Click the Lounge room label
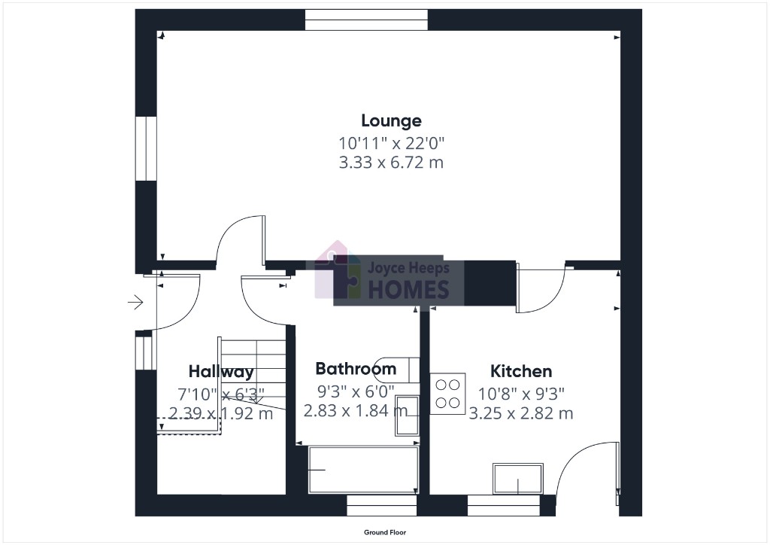pyautogui.click(x=391, y=120)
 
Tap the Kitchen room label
pyautogui.click(x=521, y=371)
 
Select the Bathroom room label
pyautogui.click(x=356, y=369)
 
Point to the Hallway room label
pyautogui.click(x=221, y=372)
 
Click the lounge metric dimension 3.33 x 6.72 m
pyautogui.click(x=391, y=162)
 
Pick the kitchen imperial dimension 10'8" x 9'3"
pyautogui.click(x=521, y=394)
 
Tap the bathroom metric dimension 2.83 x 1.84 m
pyautogui.click(x=356, y=410)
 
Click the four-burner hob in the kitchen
pyautogui.click(x=448, y=394)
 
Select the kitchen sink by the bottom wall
pyautogui.click(x=518, y=479)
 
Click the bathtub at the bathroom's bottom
pyautogui.click(x=363, y=470)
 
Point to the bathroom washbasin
pyautogui.click(x=407, y=416)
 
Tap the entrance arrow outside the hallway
pyautogui.click(x=135, y=302)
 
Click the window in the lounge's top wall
pyautogui.click(x=366, y=20)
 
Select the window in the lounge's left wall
pyautogui.click(x=146, y=148)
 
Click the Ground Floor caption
pyautogui.click(x=385, y=532)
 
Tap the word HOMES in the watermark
pyautogui.click(x=408, y=290)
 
